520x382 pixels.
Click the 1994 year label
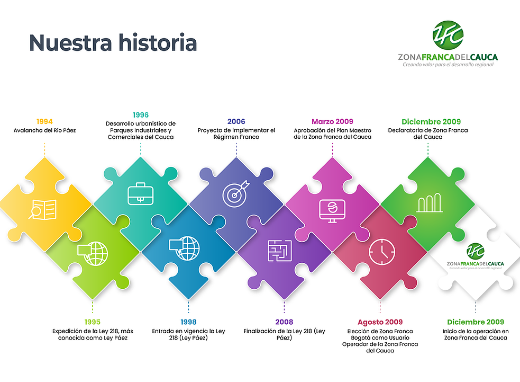(44, 121)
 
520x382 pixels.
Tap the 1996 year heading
(141, 115)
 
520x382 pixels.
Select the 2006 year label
(236, 121)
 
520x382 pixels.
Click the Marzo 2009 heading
(332, 121)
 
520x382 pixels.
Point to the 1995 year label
(92, 322)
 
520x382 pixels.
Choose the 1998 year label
(188, 322)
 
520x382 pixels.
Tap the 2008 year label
(284, 322)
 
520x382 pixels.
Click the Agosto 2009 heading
(380, 322)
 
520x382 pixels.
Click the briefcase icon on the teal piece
(141, 193)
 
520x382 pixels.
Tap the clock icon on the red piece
(382, 252)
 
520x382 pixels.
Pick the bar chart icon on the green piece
(430, 202)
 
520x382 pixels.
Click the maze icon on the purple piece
(280, 251)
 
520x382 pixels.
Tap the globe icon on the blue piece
(185, 248)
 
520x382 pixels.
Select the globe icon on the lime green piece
(93, 253)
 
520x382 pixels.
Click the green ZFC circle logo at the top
(448, 35)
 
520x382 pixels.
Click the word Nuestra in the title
(71, 43)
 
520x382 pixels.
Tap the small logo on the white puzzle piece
(475, 256)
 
